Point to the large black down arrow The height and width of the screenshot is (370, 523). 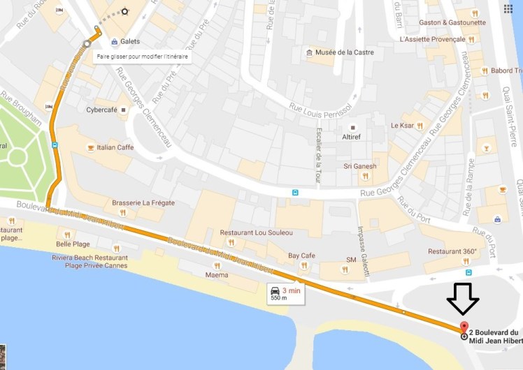pos(464,298)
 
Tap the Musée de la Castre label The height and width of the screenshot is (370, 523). pos(344,52)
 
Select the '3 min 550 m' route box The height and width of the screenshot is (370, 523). pos(286,293)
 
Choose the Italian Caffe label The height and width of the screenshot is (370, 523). pos(115,147)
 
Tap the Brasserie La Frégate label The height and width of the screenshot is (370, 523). pos(143,203)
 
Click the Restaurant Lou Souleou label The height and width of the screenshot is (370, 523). pos(256,232)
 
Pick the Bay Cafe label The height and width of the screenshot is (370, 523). pos(301,256)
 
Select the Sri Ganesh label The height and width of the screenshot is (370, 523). pos(359,166)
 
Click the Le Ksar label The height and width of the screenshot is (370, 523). pos(403,126)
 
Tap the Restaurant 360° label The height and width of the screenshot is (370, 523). pos(452,251)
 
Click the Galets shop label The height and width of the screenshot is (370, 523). pos(129,41)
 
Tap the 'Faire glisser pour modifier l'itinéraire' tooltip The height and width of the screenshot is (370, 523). pos(142,56)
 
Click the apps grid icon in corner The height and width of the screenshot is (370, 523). pos(508,8)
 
